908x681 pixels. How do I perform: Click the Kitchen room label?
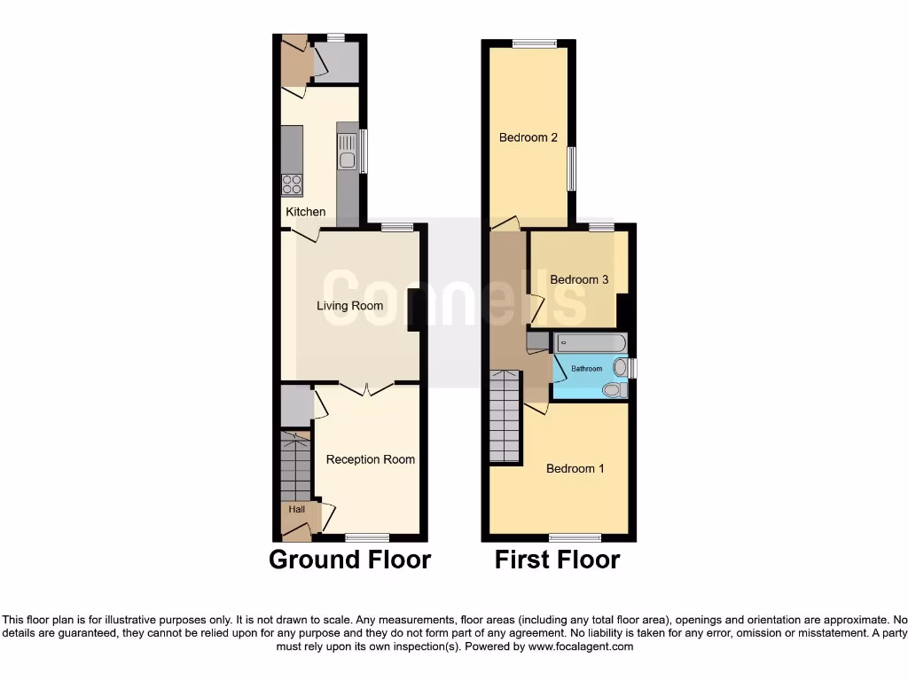[x=305, y=212]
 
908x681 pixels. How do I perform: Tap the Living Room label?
[x=350, y=306]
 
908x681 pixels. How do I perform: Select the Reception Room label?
[x=371, y=459]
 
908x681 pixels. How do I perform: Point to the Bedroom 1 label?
[x=575, y=468]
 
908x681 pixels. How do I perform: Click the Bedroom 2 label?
[x=528, y=137]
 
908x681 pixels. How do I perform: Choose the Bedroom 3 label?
[x=579, y=279]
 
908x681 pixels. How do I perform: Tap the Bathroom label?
[x=586, y=369]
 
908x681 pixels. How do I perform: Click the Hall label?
[x=296, y=509]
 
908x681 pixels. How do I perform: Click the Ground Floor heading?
[x=349, y=560]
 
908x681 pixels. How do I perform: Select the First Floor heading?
[x=557, y=560]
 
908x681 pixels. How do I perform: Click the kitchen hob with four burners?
[x=292, y=184]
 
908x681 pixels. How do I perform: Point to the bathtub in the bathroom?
[x=591, y=342]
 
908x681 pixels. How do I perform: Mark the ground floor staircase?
[x=294, y=467]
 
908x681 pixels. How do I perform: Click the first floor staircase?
[x=505, y=416]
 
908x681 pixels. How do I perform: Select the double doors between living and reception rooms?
[x=368, y=387]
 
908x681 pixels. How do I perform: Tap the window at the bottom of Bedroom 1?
[x=575, y=537]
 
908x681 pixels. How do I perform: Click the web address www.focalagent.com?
[x=582, y=647]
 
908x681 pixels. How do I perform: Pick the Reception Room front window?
[x=367, y=537]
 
